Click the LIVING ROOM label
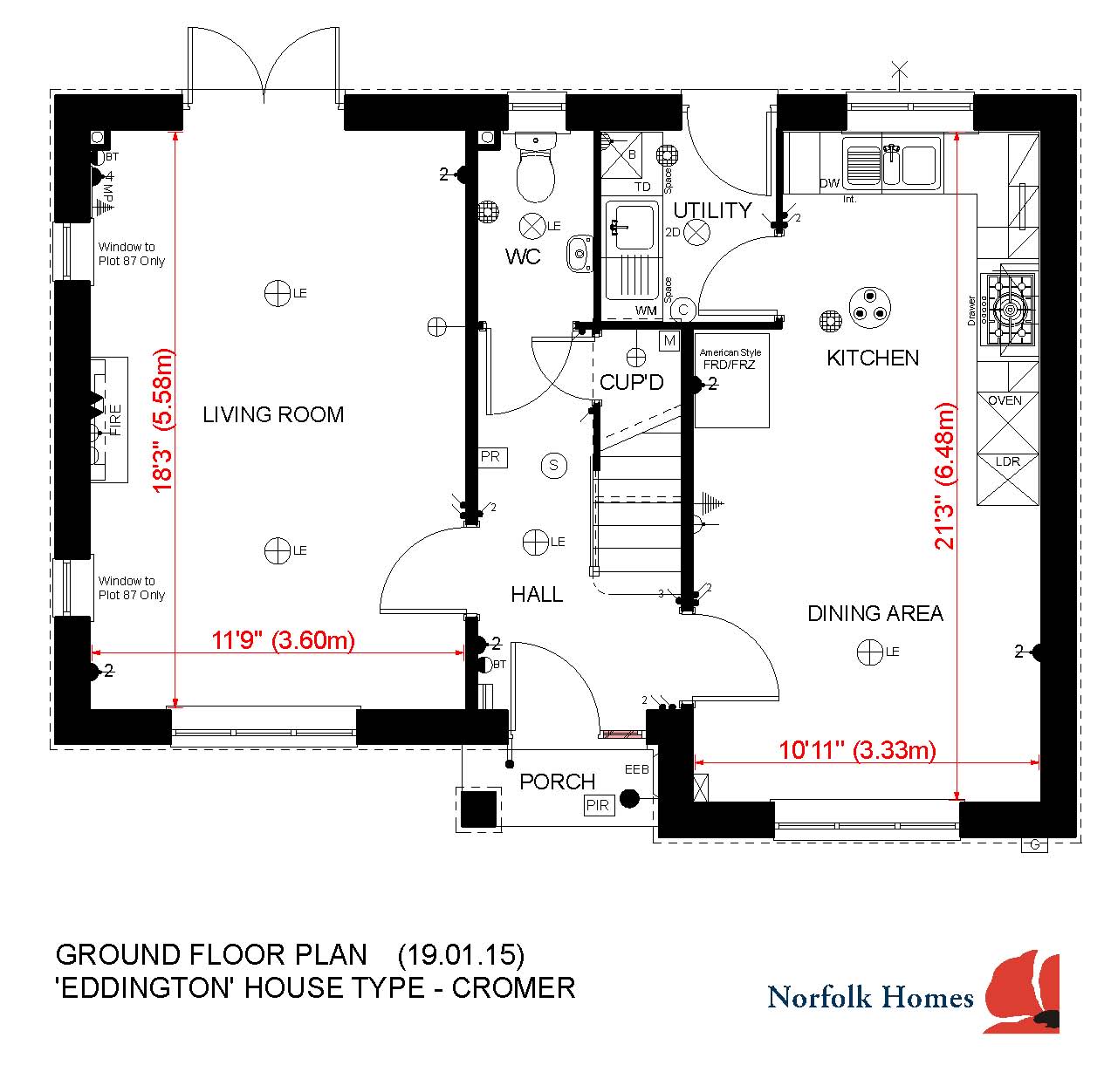pyautogui.click(x=273, y=414)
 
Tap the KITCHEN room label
pyautogui.click(x=872, y=358)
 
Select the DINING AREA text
pyautogui.click(x=874, y=613)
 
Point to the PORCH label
pyautogui.click(x=557, y=782)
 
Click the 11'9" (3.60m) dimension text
pyautogui.click(x=284, y=640)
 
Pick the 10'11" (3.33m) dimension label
pyautogui.click(x=857, y=750)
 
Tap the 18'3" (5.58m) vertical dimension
pyautogui.click(x=163, y=420)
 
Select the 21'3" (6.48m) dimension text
pyautogui.click(x=945, y=475)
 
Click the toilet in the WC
pyautogui.click(x=535, y=170)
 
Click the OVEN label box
pyautogui.click(x=1005, y=401)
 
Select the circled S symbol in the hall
pyautogui.click(x=553, y=466)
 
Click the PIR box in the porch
pyautogui.click(x=598, y=805)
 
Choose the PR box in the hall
pyautogui.click(x=490, y=456)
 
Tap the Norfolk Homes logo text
pyautogui.click(x=870, y=997)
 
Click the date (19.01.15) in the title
pyautogui.click(x=461, y=955)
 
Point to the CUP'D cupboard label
pyautogui.click(x=631, y=382)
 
